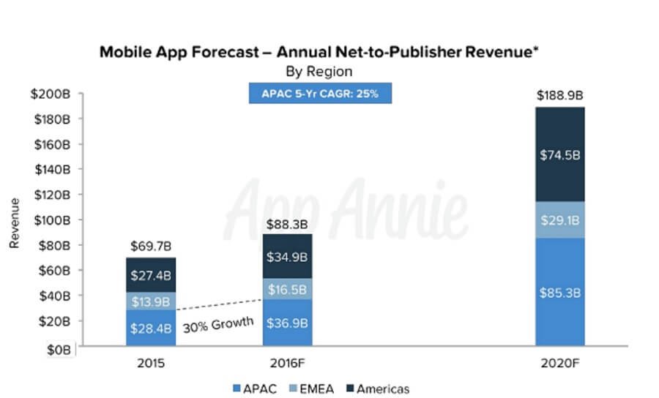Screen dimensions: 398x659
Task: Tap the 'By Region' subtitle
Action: (319, 72)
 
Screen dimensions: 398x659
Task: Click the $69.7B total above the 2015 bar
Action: (150, 246)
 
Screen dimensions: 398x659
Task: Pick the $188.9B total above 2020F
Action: (559, 96)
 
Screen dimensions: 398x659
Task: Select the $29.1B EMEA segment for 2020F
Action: (559, 219)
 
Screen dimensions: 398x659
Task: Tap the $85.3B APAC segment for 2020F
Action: (559, 293)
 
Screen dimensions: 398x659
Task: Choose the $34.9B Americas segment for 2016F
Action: (288, 256)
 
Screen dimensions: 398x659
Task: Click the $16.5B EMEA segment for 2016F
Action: (288, 289)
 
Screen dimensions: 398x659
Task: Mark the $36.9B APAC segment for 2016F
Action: (288, 322)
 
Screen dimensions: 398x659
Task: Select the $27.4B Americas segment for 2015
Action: (150, 277)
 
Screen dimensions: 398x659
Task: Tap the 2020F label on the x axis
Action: (559, 362)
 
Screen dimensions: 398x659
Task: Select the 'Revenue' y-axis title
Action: (14, 222)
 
